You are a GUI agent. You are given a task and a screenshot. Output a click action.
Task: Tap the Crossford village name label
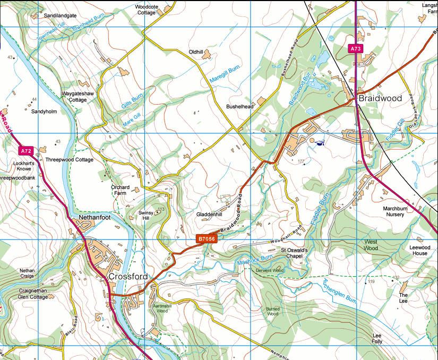click(x=128, y=277)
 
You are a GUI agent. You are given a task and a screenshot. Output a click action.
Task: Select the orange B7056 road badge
click(x=207, y=239)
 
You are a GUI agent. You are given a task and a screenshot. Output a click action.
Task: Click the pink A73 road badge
click(x=356, y=49)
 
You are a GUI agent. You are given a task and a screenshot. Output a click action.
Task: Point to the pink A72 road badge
click(x=27, y=151)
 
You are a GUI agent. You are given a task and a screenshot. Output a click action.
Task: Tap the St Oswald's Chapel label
click(x=294, y=253)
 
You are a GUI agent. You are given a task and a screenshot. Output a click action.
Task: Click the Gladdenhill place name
click(x=209, y=215)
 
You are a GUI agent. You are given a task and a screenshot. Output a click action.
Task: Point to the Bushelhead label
click(x=240, y=106)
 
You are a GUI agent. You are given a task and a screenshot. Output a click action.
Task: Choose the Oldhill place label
click(x=196, y=52)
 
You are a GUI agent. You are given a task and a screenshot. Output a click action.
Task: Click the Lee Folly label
click(x=377, y=339)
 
